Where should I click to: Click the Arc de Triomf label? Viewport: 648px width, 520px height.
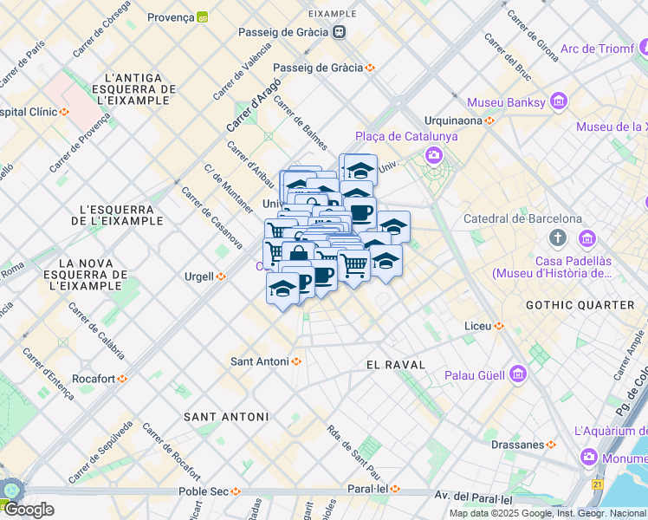[597, 49]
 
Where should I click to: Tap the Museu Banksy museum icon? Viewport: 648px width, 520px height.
[558, 103]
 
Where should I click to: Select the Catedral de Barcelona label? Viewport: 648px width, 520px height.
[522, 218]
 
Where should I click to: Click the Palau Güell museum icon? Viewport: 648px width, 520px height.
[518, 374]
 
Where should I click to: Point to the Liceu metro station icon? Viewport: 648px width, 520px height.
[498, 326]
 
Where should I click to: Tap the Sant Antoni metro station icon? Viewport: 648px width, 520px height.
[296, 361]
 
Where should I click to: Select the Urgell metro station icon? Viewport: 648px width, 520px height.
[221, 276]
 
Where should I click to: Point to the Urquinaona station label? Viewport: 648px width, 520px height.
[452, 120]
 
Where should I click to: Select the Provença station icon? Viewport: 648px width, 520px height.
[203, 16]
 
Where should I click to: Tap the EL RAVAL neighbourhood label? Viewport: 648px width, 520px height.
[396, 365]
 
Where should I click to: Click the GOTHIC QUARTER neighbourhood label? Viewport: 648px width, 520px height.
[580, 305]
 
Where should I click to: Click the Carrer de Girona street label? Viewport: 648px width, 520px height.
[533, 36]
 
